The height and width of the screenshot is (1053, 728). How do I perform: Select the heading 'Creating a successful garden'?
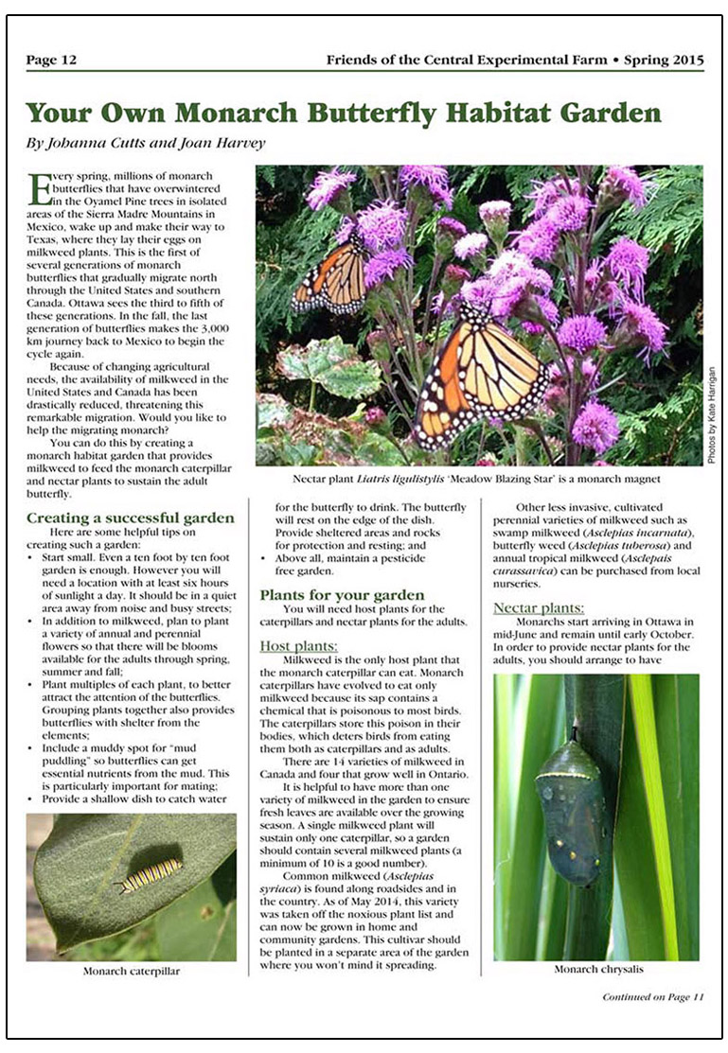click(x=130, y=518)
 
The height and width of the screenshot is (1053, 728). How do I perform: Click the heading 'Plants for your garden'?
click(x=343, y=595)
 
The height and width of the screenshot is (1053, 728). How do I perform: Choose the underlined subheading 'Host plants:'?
click(x=293, y=645)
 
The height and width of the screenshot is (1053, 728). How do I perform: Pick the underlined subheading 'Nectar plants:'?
click(x=539, y=607)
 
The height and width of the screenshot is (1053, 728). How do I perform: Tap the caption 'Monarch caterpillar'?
click(x=131, y=971)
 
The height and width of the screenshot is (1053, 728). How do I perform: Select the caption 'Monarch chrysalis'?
click(x=597, y=969)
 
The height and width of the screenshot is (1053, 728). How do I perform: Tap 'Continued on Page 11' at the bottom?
click(x=653, y=997)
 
